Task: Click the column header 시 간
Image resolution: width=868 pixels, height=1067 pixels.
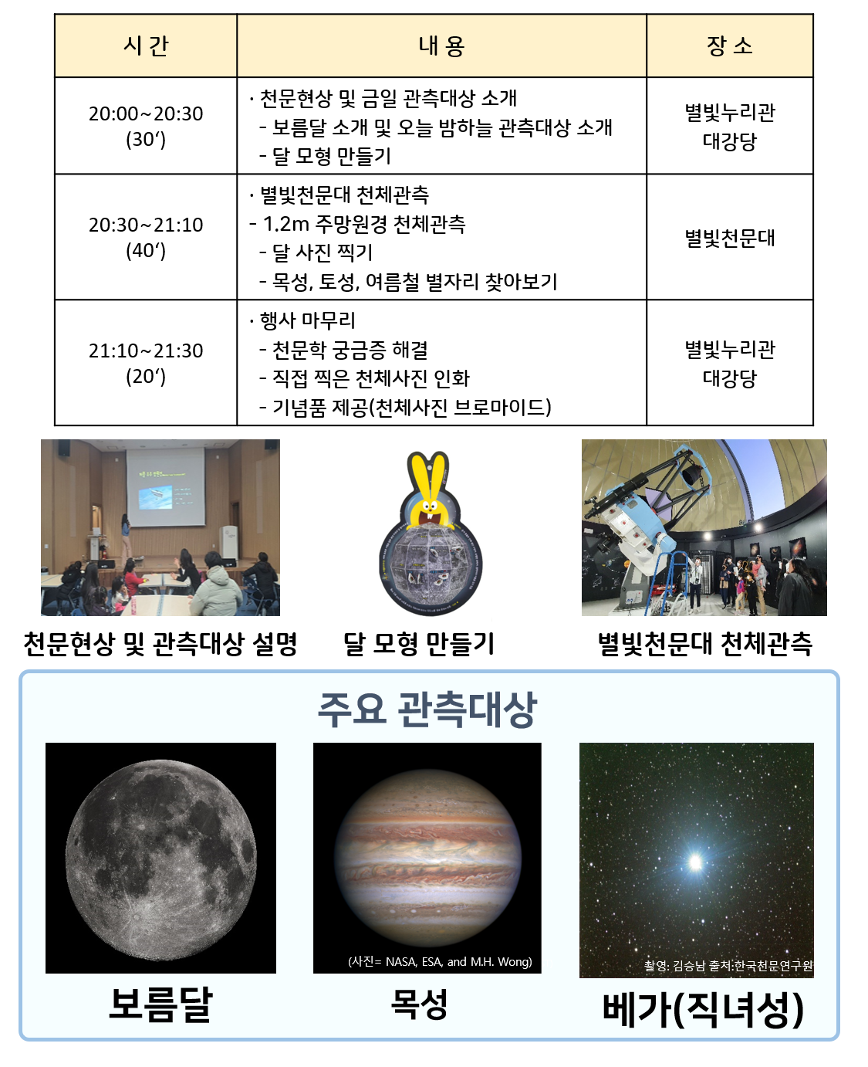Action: [146, 46]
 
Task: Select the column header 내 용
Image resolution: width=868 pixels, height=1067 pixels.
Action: [441, 46]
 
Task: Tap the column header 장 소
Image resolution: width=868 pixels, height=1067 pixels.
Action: [729, 46]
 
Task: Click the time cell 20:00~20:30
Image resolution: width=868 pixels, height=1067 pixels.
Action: [146, 113]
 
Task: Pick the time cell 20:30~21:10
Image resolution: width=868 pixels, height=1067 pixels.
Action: [146, 225]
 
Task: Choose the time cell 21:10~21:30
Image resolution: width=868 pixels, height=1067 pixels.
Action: [146, 351]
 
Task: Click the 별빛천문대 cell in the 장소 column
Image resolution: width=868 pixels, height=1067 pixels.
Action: [729, 238]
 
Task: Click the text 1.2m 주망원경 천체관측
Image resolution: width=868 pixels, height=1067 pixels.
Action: [364, 224]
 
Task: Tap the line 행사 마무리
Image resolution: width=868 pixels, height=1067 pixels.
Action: [307, 320]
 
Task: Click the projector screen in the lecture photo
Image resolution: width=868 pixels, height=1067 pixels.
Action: [165, 487]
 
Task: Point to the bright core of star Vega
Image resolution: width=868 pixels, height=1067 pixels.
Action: [695, 862]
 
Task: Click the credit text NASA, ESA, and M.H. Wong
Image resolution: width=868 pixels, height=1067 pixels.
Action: [458, 961]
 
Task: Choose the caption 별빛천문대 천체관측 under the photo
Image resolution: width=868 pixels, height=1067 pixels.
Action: [704, 644]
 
